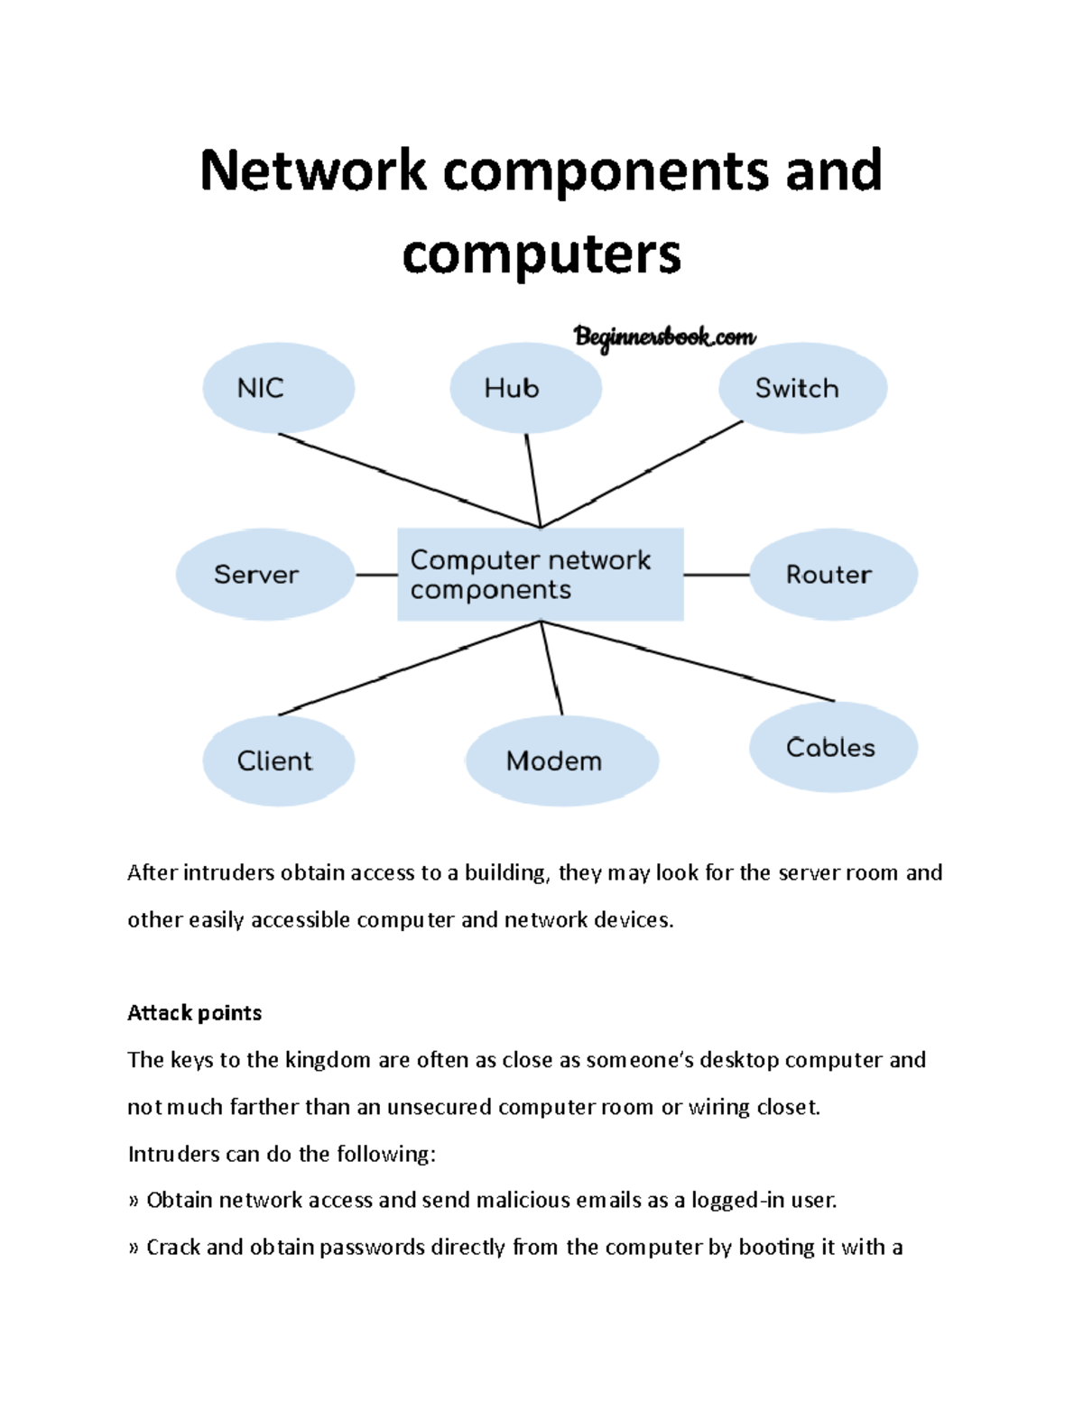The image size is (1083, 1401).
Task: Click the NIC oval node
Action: click(278, 388)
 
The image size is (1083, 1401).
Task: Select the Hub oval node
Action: click(525, 388)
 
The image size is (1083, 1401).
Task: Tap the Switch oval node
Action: click(802, 388)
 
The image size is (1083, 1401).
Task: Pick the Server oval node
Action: click(264, 575)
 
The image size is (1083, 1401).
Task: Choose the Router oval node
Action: click(833, 575)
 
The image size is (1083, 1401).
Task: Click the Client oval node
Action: click(278, 760)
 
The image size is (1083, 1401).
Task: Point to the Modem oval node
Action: click(561, 760)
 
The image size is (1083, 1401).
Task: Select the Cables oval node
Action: click(833, 747)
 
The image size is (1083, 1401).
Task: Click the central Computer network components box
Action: click(540, 575)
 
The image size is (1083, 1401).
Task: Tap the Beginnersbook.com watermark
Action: click(664, 337)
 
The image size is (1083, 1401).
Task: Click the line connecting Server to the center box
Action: click(376, 575)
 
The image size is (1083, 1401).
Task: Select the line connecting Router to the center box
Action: click(717, 575)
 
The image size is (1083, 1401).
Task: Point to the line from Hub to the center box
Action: click(533, 480)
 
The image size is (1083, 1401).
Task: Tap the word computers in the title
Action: click(541, 253)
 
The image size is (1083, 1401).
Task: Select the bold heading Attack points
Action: click(194, 1013)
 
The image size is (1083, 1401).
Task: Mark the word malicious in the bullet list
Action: click(523, 1201)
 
